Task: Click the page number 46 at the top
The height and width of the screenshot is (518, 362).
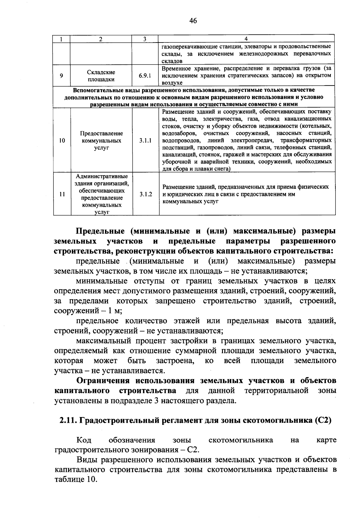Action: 193,20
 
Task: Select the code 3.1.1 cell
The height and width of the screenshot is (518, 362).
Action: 145,140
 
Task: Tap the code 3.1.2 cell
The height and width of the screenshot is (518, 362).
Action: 145,194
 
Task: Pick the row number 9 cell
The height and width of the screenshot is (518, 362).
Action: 62,76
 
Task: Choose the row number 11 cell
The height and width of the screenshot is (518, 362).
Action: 62,194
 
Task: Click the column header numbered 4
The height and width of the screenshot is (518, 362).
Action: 246,39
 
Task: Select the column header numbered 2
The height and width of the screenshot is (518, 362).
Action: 101,39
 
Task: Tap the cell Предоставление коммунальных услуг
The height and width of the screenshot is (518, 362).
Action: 101,140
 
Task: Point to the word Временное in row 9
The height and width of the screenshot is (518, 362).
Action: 174,68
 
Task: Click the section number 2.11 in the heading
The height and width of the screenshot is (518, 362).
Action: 68,420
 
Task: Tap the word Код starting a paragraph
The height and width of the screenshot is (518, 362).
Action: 84,440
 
